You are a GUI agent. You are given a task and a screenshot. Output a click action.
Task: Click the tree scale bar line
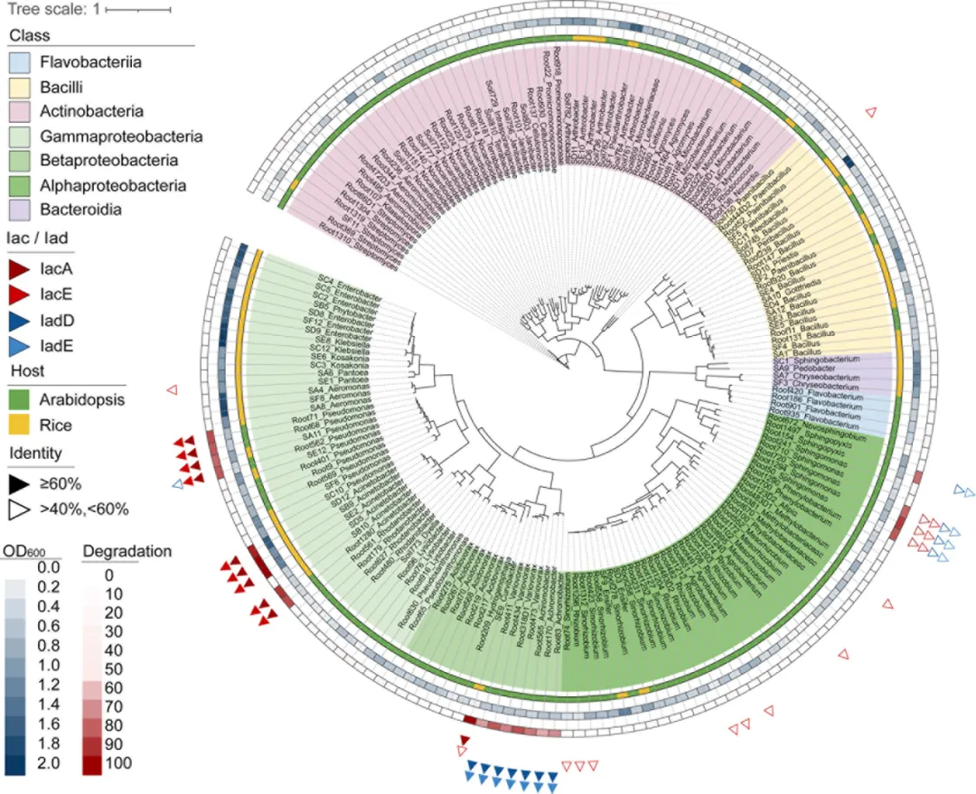(x=138, y=10)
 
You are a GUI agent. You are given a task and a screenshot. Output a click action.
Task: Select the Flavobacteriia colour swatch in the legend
(x=21, y=62)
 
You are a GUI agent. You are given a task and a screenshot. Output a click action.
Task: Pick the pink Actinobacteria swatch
(x=21, y=112)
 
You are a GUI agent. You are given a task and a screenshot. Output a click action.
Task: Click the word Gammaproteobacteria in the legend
(x=120, y=136)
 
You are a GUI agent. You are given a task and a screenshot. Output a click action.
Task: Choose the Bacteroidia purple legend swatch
(x=21, y=210)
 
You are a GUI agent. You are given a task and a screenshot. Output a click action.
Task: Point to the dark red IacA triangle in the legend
(x=21, y=266)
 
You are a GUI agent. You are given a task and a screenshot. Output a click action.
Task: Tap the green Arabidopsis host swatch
(x=21, y=400)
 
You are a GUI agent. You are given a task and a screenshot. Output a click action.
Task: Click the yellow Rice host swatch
(x=21, y=425)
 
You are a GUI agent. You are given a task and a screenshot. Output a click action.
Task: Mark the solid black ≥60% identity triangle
(x=21, y=483)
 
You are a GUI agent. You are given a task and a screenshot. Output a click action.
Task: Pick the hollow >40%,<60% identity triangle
(x=21, y=509)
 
